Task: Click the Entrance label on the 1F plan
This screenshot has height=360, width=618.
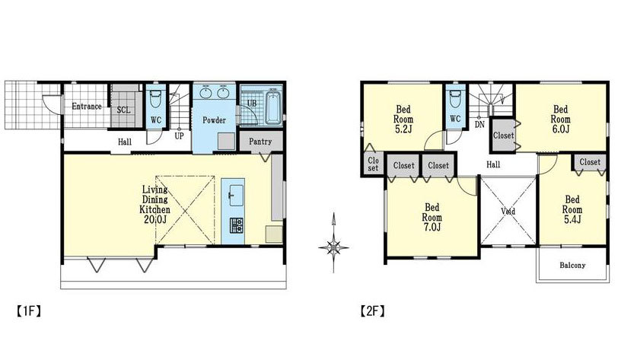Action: [x=87, y=107]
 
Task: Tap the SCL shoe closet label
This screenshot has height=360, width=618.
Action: [x=124, y=110]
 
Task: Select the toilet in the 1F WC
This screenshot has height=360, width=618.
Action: [x=156, y=99]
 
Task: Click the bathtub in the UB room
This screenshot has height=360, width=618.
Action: [x=273, y=107]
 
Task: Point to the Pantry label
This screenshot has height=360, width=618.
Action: [x=260, y=142]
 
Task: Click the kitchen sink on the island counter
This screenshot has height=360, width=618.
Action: [x=236, y=195]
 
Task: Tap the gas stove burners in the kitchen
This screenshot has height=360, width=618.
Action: [x=237, y=225]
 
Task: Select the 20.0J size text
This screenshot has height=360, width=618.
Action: [x=155, y=220]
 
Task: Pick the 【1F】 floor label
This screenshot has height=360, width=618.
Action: [x=29, y=311]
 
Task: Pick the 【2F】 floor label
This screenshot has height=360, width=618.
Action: [x=372, y=311]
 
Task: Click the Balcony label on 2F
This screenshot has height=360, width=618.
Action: [x=572, y=266]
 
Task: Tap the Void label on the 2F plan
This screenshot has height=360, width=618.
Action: [x=508, y=212]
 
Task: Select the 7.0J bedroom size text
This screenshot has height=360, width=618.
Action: [x=432, y=227]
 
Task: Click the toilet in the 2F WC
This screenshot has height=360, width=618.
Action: [x=455, y=100]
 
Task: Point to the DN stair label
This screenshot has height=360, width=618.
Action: [x=479, y=125]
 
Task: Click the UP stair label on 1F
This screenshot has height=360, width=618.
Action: [x=179, y=136]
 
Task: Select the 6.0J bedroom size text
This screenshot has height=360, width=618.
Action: [x=560, y=129]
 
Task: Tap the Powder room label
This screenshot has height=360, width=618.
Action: [x=214, y=120]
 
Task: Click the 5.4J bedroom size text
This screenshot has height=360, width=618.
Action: [x=572, y=220]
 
